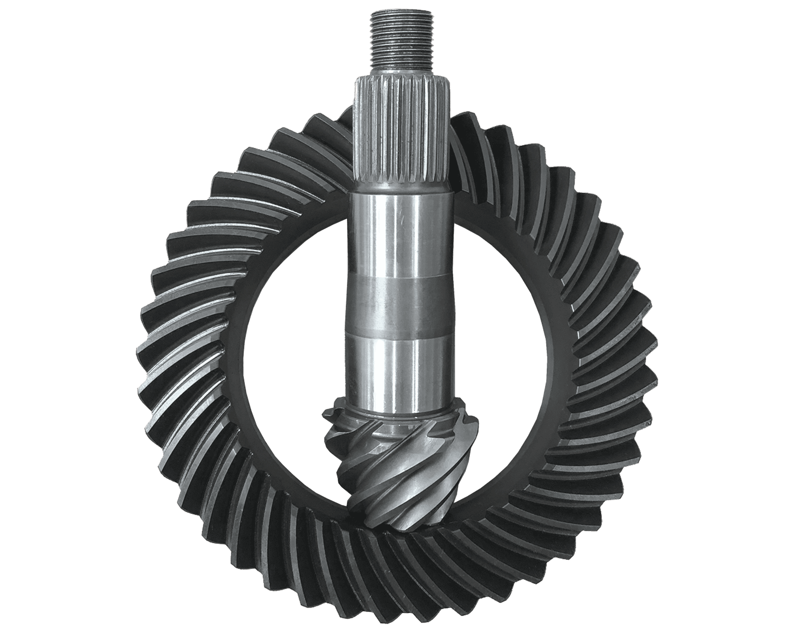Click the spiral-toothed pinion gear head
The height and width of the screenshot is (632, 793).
coord(399,474)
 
